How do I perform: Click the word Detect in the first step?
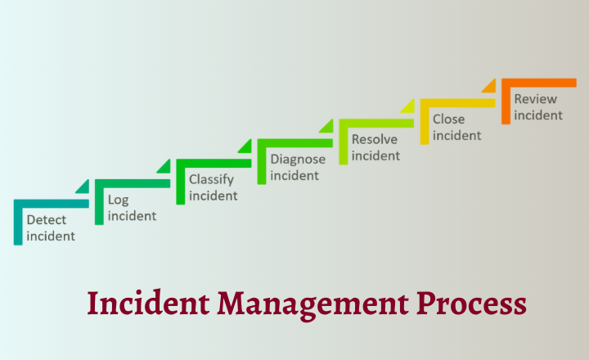(x=46, y=220)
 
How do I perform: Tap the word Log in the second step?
(x=119, y=200)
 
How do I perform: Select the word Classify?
(x=212, y=180)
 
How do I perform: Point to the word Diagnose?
(x=298, y=160)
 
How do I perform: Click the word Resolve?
(x=375, y=139)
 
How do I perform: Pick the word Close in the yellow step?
(x=448, y=119)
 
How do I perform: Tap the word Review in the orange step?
(x=535, y=99)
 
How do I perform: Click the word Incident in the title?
(x=148, y=303)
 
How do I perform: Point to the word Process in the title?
(x=471, y=303)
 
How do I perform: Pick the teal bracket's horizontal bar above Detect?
(x=52, y=204)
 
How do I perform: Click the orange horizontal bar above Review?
(x=539, y=83)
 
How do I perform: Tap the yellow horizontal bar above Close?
(x=458, y=103)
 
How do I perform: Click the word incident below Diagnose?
(x=294, y=175)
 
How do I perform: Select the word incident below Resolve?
(x=375, y=155)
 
